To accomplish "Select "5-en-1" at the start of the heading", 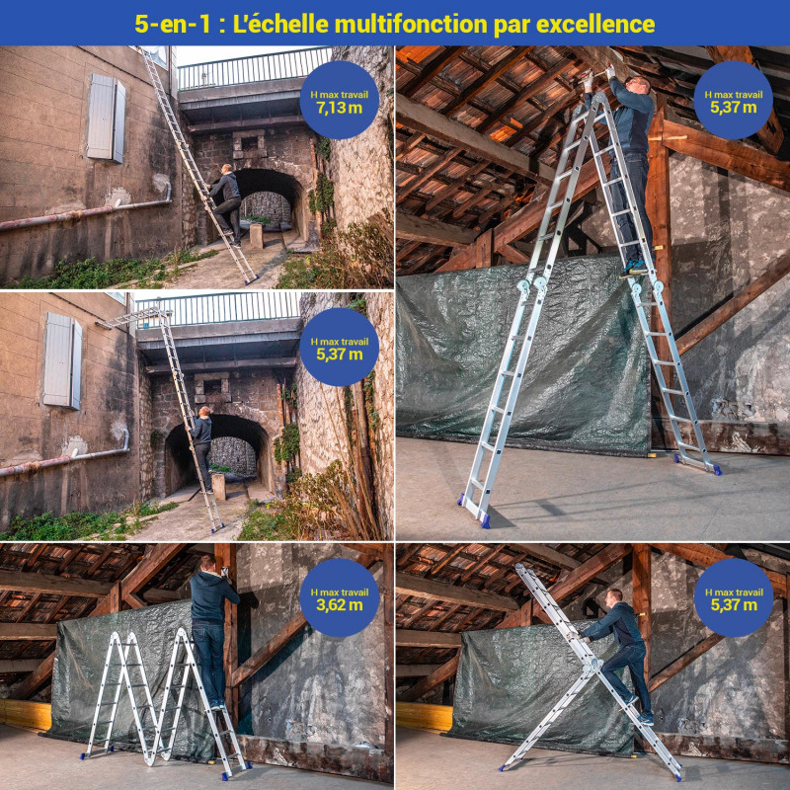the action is (x=172, y=24).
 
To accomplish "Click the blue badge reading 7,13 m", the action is (x=339, y=101).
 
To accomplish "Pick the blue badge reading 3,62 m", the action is (x=339, y=597).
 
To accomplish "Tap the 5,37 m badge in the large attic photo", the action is (x=733, y=101).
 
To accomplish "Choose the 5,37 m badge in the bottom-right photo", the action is (x=733, y=597).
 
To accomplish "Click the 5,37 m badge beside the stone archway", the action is (x=339, y=348).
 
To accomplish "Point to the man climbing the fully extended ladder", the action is (x=225, y=204).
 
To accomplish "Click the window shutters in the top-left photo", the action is (x=106, y=118).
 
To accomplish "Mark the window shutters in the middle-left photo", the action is (x=62, y=359).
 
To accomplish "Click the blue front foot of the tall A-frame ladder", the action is (x=484, y=519).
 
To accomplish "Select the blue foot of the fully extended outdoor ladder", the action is (x=251, y=280).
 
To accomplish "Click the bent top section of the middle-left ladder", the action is (x=133, y=318).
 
